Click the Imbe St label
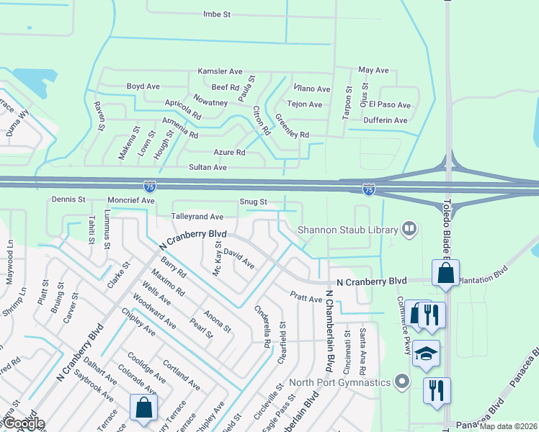[x=216, y=14]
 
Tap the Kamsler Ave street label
[x=220, y=72]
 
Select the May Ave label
[x=373, y=71]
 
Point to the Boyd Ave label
[x=143, y=86]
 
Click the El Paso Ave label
[x=390, y=105]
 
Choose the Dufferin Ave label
[x=386, y=120]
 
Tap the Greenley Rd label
[x=292, y=125]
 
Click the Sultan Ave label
[x=208, y=167]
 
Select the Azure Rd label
[x=229, y=153]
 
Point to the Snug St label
[x=254, y=202]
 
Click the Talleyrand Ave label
[x=197, y=216]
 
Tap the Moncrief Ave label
[x=130, y=199]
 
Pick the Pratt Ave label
[x=306, y=297]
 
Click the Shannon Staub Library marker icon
[x=409, y=230]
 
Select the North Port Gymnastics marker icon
[x=402, y=382]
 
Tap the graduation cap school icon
[x=427, y=352]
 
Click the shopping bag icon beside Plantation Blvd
[x=445, y=274]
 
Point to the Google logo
[x=23, y=423]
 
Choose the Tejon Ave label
[x=305, y=104]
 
